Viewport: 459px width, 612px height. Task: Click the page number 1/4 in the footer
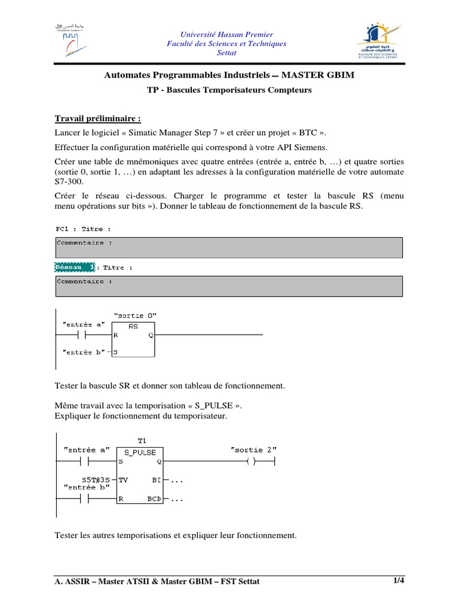coord(399,580)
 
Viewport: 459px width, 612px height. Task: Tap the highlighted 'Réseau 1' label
coord(75,267)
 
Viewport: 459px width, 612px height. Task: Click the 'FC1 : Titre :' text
coord(83,229)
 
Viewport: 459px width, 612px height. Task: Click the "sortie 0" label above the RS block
coord(135,315)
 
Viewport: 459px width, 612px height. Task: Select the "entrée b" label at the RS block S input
coord(83,352)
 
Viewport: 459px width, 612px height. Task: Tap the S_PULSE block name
coord(140,452)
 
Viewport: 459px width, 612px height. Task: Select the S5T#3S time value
coord(96,479)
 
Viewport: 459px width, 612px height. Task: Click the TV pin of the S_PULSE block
coord(123,479)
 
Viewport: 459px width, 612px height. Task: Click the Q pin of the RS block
coord(151,335)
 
